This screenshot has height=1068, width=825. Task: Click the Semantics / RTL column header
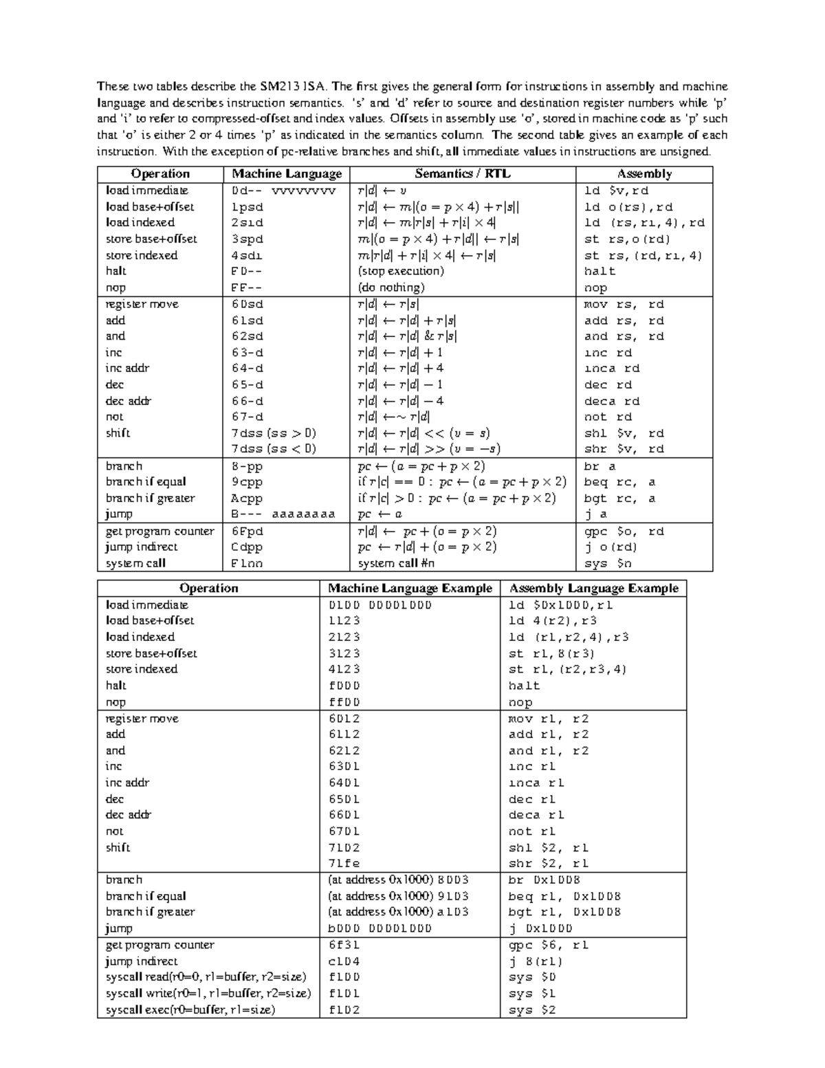[x=463, y=174]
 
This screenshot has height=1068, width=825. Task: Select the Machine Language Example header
[x=410, y=588]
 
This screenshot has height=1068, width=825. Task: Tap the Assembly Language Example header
[x=593, y=588]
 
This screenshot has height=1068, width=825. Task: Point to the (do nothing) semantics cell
[x=391, y=287]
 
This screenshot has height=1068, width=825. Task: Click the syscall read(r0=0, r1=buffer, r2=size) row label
[x=206, y=977]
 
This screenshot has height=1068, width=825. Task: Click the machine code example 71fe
[x=344, y=863]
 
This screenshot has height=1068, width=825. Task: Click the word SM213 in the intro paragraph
[x=280, y=87]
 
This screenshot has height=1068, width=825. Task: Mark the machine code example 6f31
[x=344, y=945]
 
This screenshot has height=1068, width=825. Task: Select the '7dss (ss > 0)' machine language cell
[x=274, y=433]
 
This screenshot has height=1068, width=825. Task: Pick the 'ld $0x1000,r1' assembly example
[x=560, y=605]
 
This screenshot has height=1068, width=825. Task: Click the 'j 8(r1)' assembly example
[x=536, y=961]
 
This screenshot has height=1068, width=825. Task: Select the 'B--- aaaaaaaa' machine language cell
[x=283, y=514]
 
